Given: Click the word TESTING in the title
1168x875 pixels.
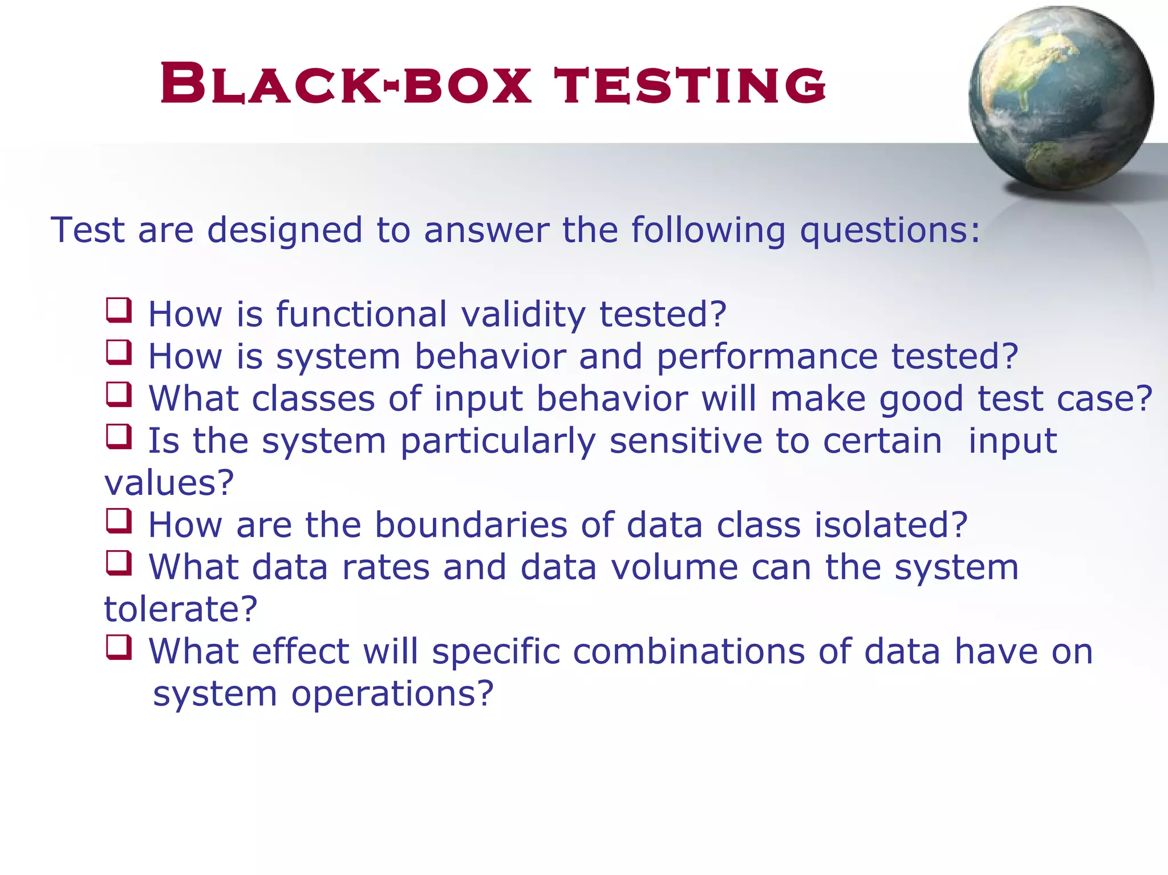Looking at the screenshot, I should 690,86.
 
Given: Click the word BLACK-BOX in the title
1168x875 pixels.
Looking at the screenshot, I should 345,86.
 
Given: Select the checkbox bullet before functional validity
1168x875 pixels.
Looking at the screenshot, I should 119,311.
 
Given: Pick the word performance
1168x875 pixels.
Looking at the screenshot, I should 767,357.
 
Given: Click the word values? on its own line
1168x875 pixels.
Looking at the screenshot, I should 169,483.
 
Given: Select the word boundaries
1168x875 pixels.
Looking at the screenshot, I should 471,525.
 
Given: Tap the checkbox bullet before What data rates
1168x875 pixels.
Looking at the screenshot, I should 119,563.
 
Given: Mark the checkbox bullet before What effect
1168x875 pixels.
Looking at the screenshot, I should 119,648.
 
